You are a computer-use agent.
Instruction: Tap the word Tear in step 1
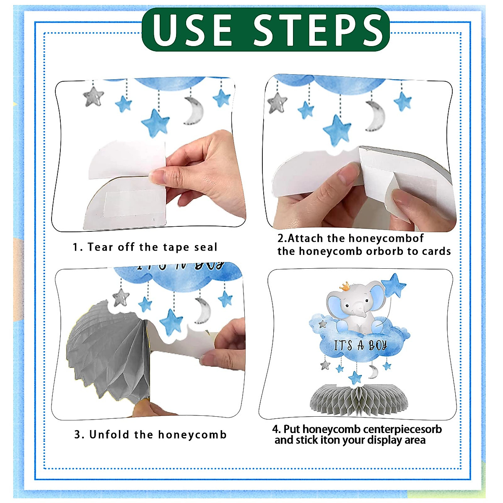click(x=101, y=247)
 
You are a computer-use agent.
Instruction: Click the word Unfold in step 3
click(x=109, y=435)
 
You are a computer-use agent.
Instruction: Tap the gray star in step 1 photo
click(x=93, y=97)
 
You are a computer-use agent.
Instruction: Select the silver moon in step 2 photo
click(x=375, y=116)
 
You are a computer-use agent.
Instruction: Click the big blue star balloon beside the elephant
click(x=394, y=285)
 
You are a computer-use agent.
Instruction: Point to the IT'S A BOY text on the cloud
click(x=360, y=345)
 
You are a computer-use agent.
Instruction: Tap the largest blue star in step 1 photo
click(x=156, y=123)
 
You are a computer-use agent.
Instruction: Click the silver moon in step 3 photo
click(x=202, y=311)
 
